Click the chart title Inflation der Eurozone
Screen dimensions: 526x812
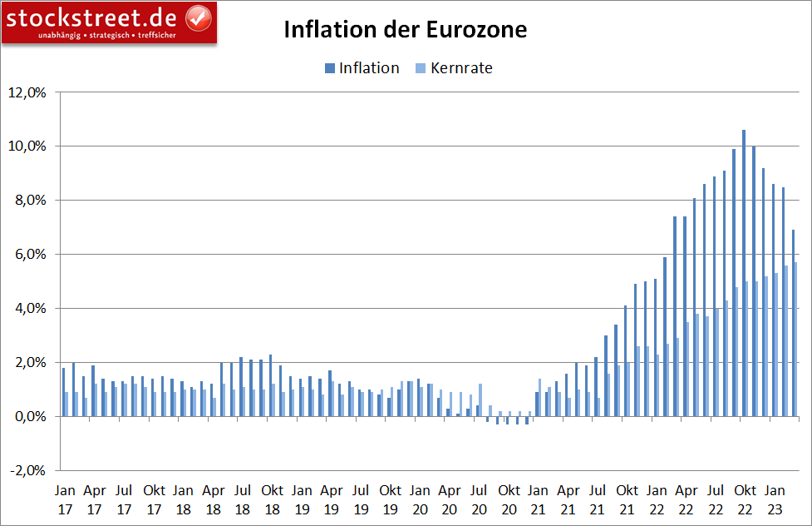[406, 30]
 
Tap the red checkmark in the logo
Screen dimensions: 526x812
[197, 17]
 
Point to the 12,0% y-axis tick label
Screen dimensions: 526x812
[27, 92]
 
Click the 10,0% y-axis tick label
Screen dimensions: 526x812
[27, 146]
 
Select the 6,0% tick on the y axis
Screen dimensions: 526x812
[30, 255]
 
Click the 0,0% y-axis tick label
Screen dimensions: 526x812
[30, 417]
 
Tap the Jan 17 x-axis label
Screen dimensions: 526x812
[65, 498]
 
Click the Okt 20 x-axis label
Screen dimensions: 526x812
[509, 498]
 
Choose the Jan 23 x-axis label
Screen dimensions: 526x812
[775, 498]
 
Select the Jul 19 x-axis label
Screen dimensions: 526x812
[361, 498]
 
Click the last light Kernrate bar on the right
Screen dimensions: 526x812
[796, 339]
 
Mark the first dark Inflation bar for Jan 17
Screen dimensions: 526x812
[63, 392]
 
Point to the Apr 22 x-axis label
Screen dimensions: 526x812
[687, 498]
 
